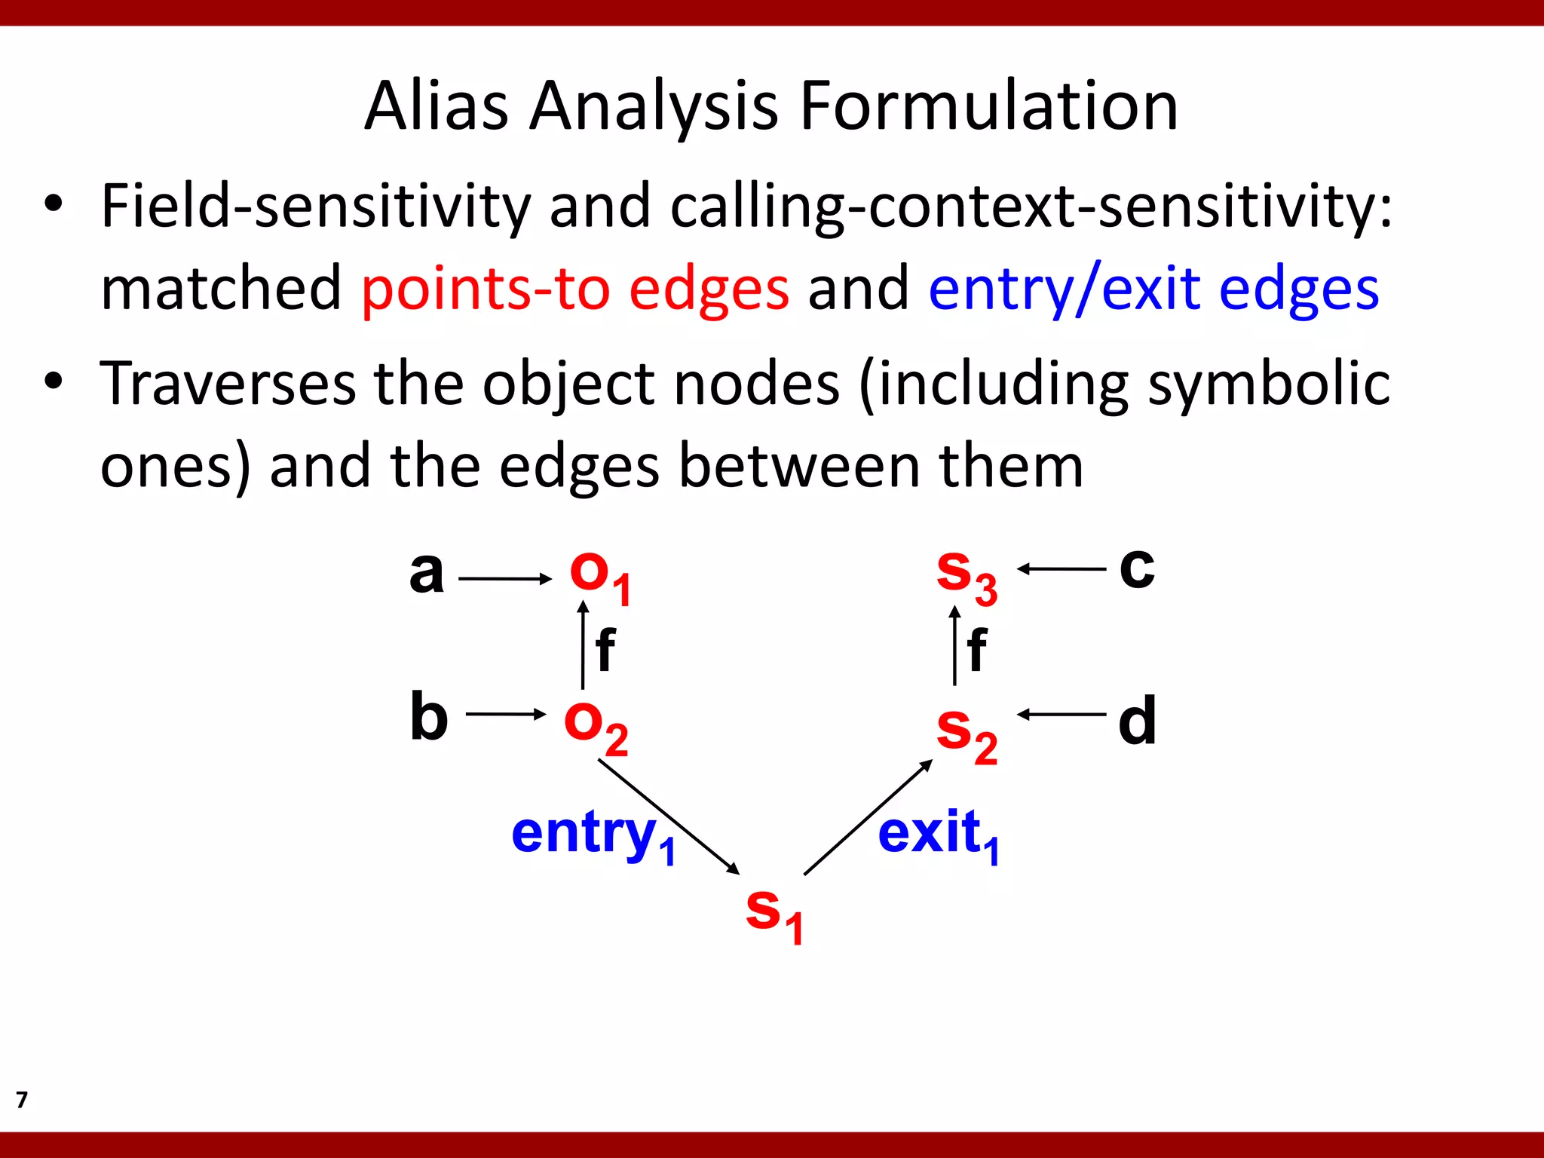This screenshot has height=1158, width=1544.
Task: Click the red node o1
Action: click(x=599, y=577)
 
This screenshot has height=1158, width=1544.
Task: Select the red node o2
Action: click(x=596, y=726)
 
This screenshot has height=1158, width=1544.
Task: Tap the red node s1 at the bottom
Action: click(x=774, y=914)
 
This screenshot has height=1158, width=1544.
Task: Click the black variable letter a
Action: click(x=426, y=573)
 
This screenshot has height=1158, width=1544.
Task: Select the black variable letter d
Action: click(x=1137, y=720)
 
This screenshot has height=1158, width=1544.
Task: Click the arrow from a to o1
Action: click(x=504, y=579)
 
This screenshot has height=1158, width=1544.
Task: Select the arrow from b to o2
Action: click(x=505, y=714)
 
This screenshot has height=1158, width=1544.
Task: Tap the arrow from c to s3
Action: click(x=1061, y=569)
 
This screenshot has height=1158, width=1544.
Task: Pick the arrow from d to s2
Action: click(x=1061, y=714)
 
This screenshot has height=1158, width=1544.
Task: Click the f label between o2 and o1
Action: click(x=605, y=649)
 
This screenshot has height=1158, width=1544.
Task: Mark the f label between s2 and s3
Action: click(x=976, y=649)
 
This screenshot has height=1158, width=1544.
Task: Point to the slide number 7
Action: click(x=22, y=1099)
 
